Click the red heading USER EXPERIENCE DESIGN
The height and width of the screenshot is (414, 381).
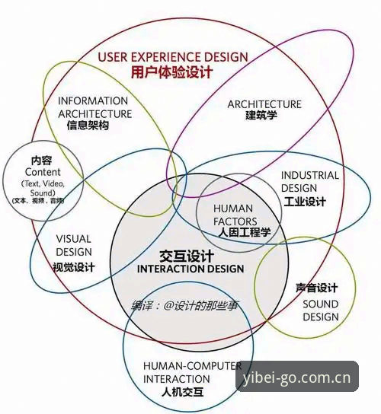[x=173, y=57]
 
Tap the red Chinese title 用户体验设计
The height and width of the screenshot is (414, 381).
[x=172, y=72]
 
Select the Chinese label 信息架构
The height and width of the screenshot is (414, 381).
[x=88, y=125]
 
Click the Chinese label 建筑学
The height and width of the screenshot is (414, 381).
[x=261, y=115]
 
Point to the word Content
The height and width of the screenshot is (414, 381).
[x=43, y=172]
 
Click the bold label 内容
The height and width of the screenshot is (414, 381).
[x=41, y=161]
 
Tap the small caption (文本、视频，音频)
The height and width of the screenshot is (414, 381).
[x=38, y=201]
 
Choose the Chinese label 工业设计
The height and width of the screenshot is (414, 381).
[x=305, y=202]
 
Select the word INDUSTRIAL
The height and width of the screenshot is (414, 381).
[x=310, y=176]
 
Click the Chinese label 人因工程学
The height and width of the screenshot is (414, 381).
[x=245, y=232]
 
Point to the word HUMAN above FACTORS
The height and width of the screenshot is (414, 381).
[x=233, y=209]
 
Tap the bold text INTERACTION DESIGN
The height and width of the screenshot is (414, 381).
[x=190, y=269]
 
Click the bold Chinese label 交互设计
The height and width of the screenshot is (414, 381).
[x=187, y=256]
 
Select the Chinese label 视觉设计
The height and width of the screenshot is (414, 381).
[x=73, y=267]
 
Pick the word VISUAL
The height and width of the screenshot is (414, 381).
[x=73, y=239]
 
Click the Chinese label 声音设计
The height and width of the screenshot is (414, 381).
[x=317, y=288]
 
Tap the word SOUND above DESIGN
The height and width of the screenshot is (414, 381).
[x=321, y=304]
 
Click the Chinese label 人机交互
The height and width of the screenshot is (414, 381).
[x=182, y=392]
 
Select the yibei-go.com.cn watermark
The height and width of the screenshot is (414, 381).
[x=297, y=377]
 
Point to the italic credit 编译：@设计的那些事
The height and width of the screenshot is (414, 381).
[x=184, y=306]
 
